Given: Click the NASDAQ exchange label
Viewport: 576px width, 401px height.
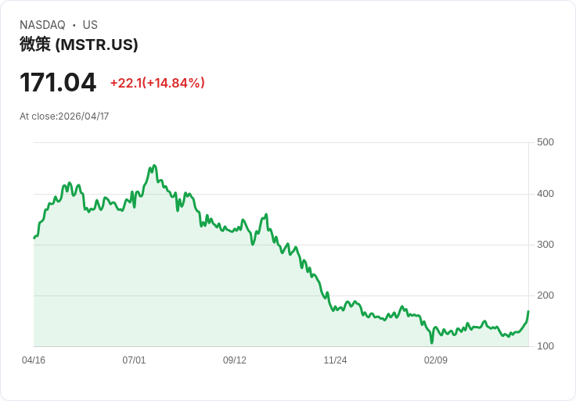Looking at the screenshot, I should coord(42,25).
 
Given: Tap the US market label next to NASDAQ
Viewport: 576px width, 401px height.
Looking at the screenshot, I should coord(90,25).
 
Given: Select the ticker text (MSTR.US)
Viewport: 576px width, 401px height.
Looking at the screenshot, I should coord(97,45).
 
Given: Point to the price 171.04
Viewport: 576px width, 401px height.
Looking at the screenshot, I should coord(58,82).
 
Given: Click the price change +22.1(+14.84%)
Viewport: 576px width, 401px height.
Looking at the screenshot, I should coord(157,83).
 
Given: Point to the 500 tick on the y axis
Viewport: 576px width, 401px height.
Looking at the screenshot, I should coord(545,142).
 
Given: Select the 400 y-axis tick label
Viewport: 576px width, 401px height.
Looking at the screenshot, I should coord(545,194).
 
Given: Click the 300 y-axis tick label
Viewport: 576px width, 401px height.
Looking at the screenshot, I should coord(545,245).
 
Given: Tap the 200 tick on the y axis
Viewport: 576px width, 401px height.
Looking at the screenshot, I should coord(545,295).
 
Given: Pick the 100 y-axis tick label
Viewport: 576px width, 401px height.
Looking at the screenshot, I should coord(545,346).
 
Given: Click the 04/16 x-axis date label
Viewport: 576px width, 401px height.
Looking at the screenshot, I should coord(34,360).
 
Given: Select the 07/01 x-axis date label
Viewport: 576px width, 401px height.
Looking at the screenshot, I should coord(134,360).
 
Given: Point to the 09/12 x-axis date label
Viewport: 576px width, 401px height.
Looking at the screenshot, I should coord(235,360).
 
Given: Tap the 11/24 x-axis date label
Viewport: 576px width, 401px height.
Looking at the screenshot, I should coord(335,360).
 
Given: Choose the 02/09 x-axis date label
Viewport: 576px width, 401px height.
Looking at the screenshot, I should coord(436,360).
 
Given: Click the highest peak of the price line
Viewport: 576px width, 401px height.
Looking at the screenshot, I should coord(154,166).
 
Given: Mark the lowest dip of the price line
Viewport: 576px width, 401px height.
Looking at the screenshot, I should coord(431,342).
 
